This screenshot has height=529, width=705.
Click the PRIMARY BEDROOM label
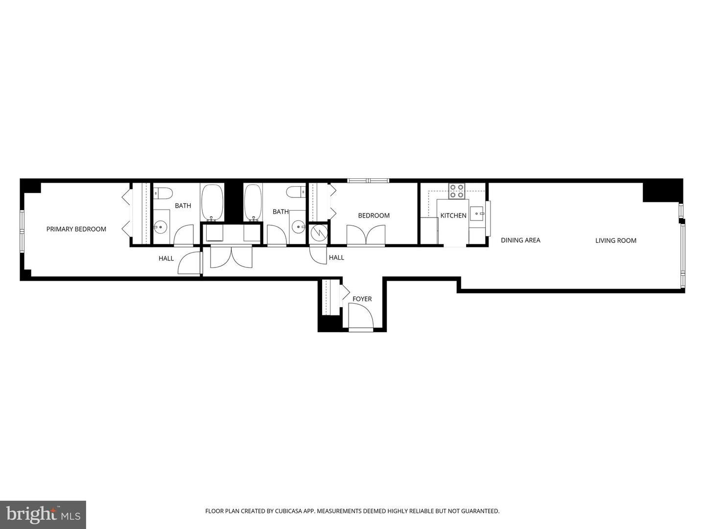point(76,229)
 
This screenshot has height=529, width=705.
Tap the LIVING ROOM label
point(615,240)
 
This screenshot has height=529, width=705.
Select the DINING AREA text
point(520,240)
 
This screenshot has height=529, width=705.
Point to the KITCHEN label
point(453,216)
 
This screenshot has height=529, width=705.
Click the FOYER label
point(362,299)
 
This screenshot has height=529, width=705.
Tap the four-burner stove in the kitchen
point(456,191)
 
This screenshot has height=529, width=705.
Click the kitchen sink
point(476,214)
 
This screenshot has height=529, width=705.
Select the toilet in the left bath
point(163,192)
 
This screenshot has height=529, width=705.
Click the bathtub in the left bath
point(212,202)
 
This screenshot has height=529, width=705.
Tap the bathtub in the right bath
point(253,202)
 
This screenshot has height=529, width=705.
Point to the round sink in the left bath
point(160,227)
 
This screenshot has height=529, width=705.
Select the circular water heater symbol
point(319,233)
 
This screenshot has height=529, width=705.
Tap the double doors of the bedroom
point(366,235)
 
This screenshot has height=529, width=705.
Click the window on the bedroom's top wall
point(368,181)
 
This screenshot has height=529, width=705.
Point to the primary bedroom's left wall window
point(22,231)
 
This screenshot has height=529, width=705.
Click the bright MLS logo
point(43,514)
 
